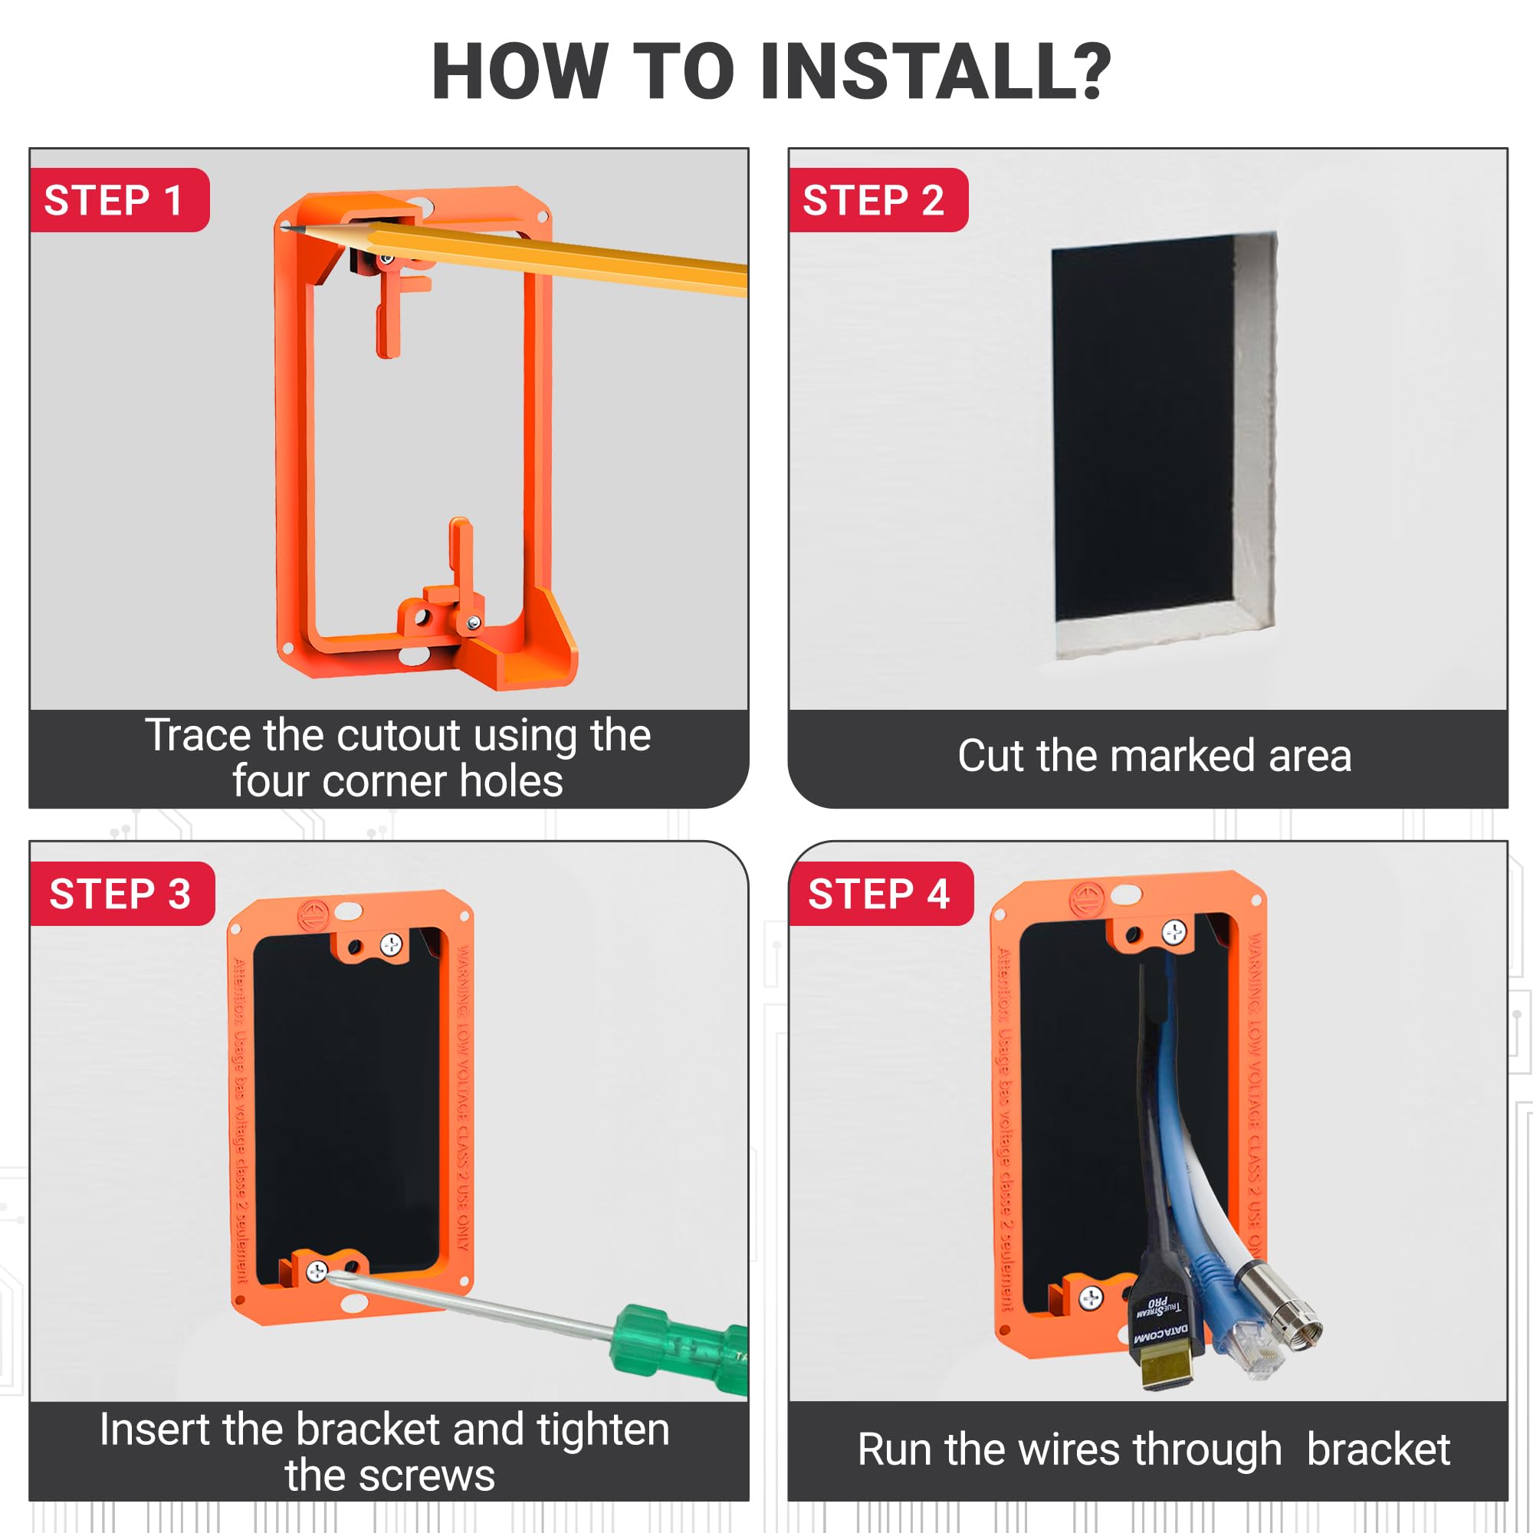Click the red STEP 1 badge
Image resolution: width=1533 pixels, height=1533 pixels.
pyautogui.click(x=119, y=200)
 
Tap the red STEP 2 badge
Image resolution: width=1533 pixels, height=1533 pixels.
pyautogui.click(x=878, y=200)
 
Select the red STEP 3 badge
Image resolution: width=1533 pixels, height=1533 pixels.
pyautogui.click(x=122, y=895)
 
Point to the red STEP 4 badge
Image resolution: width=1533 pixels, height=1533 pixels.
pyautogui.click(x=881, y=895)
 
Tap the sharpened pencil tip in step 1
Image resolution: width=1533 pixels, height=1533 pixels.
pyautogui.click(x=287, y=229)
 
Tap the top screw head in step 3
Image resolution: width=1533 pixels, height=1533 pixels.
pyautogui.click(x=392, y=945)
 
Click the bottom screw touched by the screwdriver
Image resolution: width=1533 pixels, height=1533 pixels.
pyautogui.click(x=317, y=1272)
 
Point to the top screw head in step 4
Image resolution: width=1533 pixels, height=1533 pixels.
pyautogui.click(x=1174, y=932)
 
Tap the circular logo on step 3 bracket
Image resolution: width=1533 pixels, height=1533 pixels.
pyautogui.click(x=313, y=915)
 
